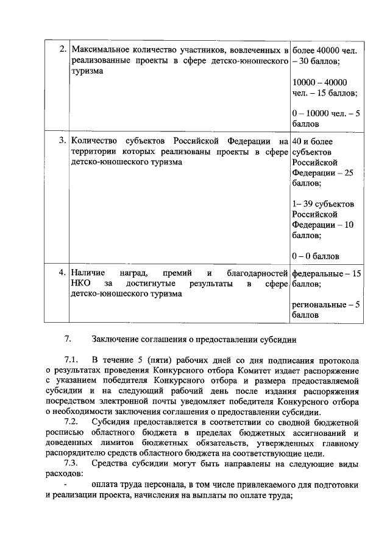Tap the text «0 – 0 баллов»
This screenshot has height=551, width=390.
316,256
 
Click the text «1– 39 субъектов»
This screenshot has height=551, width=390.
323,203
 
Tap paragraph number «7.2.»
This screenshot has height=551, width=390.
73,422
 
